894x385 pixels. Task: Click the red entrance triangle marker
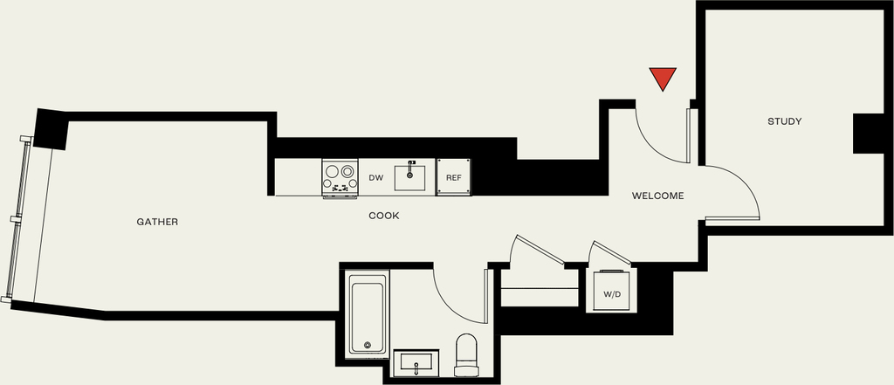click(x=663, y=77)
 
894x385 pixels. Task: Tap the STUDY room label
click(x=785, y=121)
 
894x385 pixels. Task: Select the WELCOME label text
click(x=658, y=196)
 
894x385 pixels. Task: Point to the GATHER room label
click(x=157, y=222)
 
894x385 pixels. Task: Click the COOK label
click(x=384, y=217)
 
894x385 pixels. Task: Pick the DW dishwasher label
click(x=375, y=178)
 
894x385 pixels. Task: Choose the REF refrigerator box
click(x=454, y=177)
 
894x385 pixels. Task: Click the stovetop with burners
click(x=340, y=178)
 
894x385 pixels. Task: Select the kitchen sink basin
click(x=409, y=176)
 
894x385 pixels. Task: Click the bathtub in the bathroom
click(x=368, y=314)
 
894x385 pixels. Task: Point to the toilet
click(x=466, y=354)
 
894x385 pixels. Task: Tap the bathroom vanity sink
click(x=416, y=363)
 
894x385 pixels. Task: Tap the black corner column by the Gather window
click(x=51, y=129)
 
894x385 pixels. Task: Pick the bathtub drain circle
click(x=368, y=345)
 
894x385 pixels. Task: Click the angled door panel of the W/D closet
click(x=611, y=253)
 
